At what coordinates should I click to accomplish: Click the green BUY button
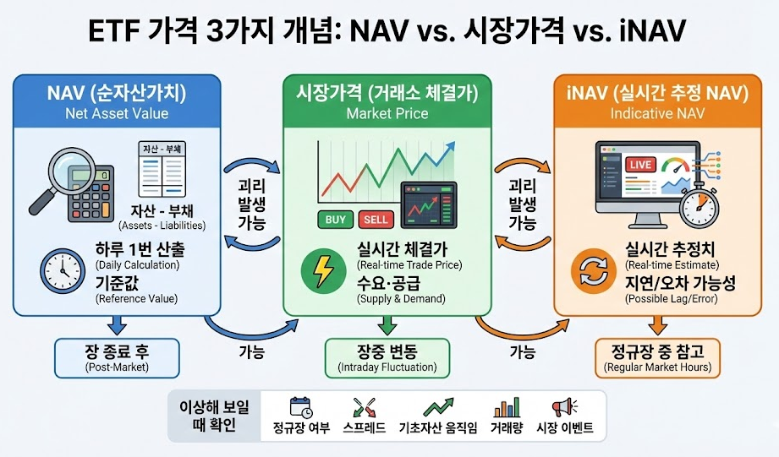(x=335, y=220)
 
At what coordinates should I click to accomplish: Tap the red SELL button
(x=376, y=220)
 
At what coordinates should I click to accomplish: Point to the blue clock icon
(x=62, y=271)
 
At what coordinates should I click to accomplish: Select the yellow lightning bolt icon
(x=323, y=271)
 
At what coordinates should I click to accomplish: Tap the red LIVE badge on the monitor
(x=640, y=164)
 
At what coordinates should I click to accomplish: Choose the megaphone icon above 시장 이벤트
(x=564, y=407)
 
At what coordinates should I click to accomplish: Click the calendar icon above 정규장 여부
(x=301, y=407)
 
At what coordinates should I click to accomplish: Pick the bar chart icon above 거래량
(x=507, y=407)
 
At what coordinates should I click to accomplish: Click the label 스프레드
(x=365, y=427)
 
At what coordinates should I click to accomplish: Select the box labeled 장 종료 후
(x=117, y=358)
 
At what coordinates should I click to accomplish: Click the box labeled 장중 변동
(x=387, y=358)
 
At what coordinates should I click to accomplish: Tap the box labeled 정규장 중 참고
(x=657, y=358)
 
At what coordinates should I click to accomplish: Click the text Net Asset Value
(x=117, y=113)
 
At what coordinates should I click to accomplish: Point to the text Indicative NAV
(x=657, y=113)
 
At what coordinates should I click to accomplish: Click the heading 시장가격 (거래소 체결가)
(x=387, y=93)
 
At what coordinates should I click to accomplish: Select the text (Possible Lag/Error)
(x=672, y=299)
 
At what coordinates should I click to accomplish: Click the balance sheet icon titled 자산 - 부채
(x=162, y=169)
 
